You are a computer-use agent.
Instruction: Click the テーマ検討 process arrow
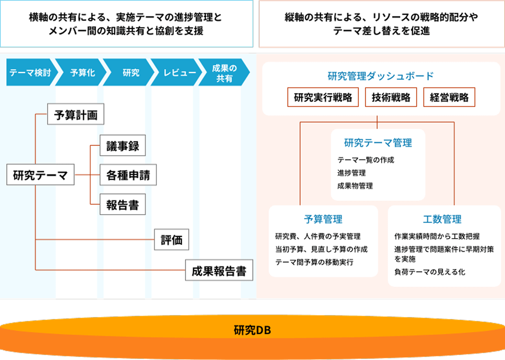point(31,73)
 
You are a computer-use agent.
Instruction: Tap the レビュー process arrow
point(179,73)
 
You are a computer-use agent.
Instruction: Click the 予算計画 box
point(76,114)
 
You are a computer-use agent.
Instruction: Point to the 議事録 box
point(123,146)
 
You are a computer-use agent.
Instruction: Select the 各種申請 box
point(128,175)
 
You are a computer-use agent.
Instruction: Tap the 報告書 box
point(123,205)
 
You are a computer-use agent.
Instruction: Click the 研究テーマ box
point(40,175)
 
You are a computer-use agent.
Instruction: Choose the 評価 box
point(172,240)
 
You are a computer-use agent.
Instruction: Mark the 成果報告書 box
point(219,270)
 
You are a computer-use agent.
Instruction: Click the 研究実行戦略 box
point(323,97)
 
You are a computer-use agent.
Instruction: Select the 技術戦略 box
point(391,97)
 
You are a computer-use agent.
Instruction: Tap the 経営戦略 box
point(449,97)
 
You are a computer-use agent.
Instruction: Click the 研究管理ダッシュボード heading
point(381,76)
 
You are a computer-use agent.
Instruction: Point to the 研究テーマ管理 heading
point(378,143)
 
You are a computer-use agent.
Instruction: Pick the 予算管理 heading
point(323,219)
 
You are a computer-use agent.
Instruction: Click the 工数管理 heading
point(442,219)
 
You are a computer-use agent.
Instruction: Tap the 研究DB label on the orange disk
point(252,330)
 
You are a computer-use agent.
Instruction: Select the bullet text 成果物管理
point(355,186)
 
